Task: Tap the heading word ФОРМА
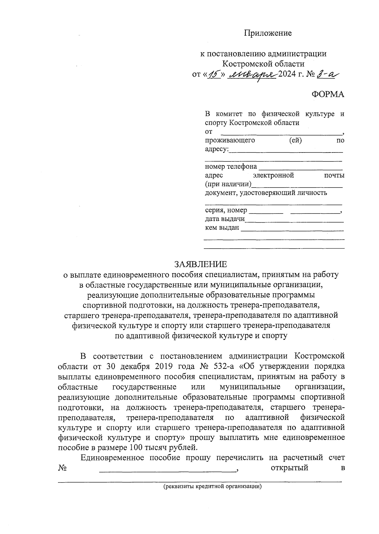pos(328,94)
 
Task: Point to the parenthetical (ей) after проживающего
pos(295,140)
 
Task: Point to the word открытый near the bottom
pos(289,468)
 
